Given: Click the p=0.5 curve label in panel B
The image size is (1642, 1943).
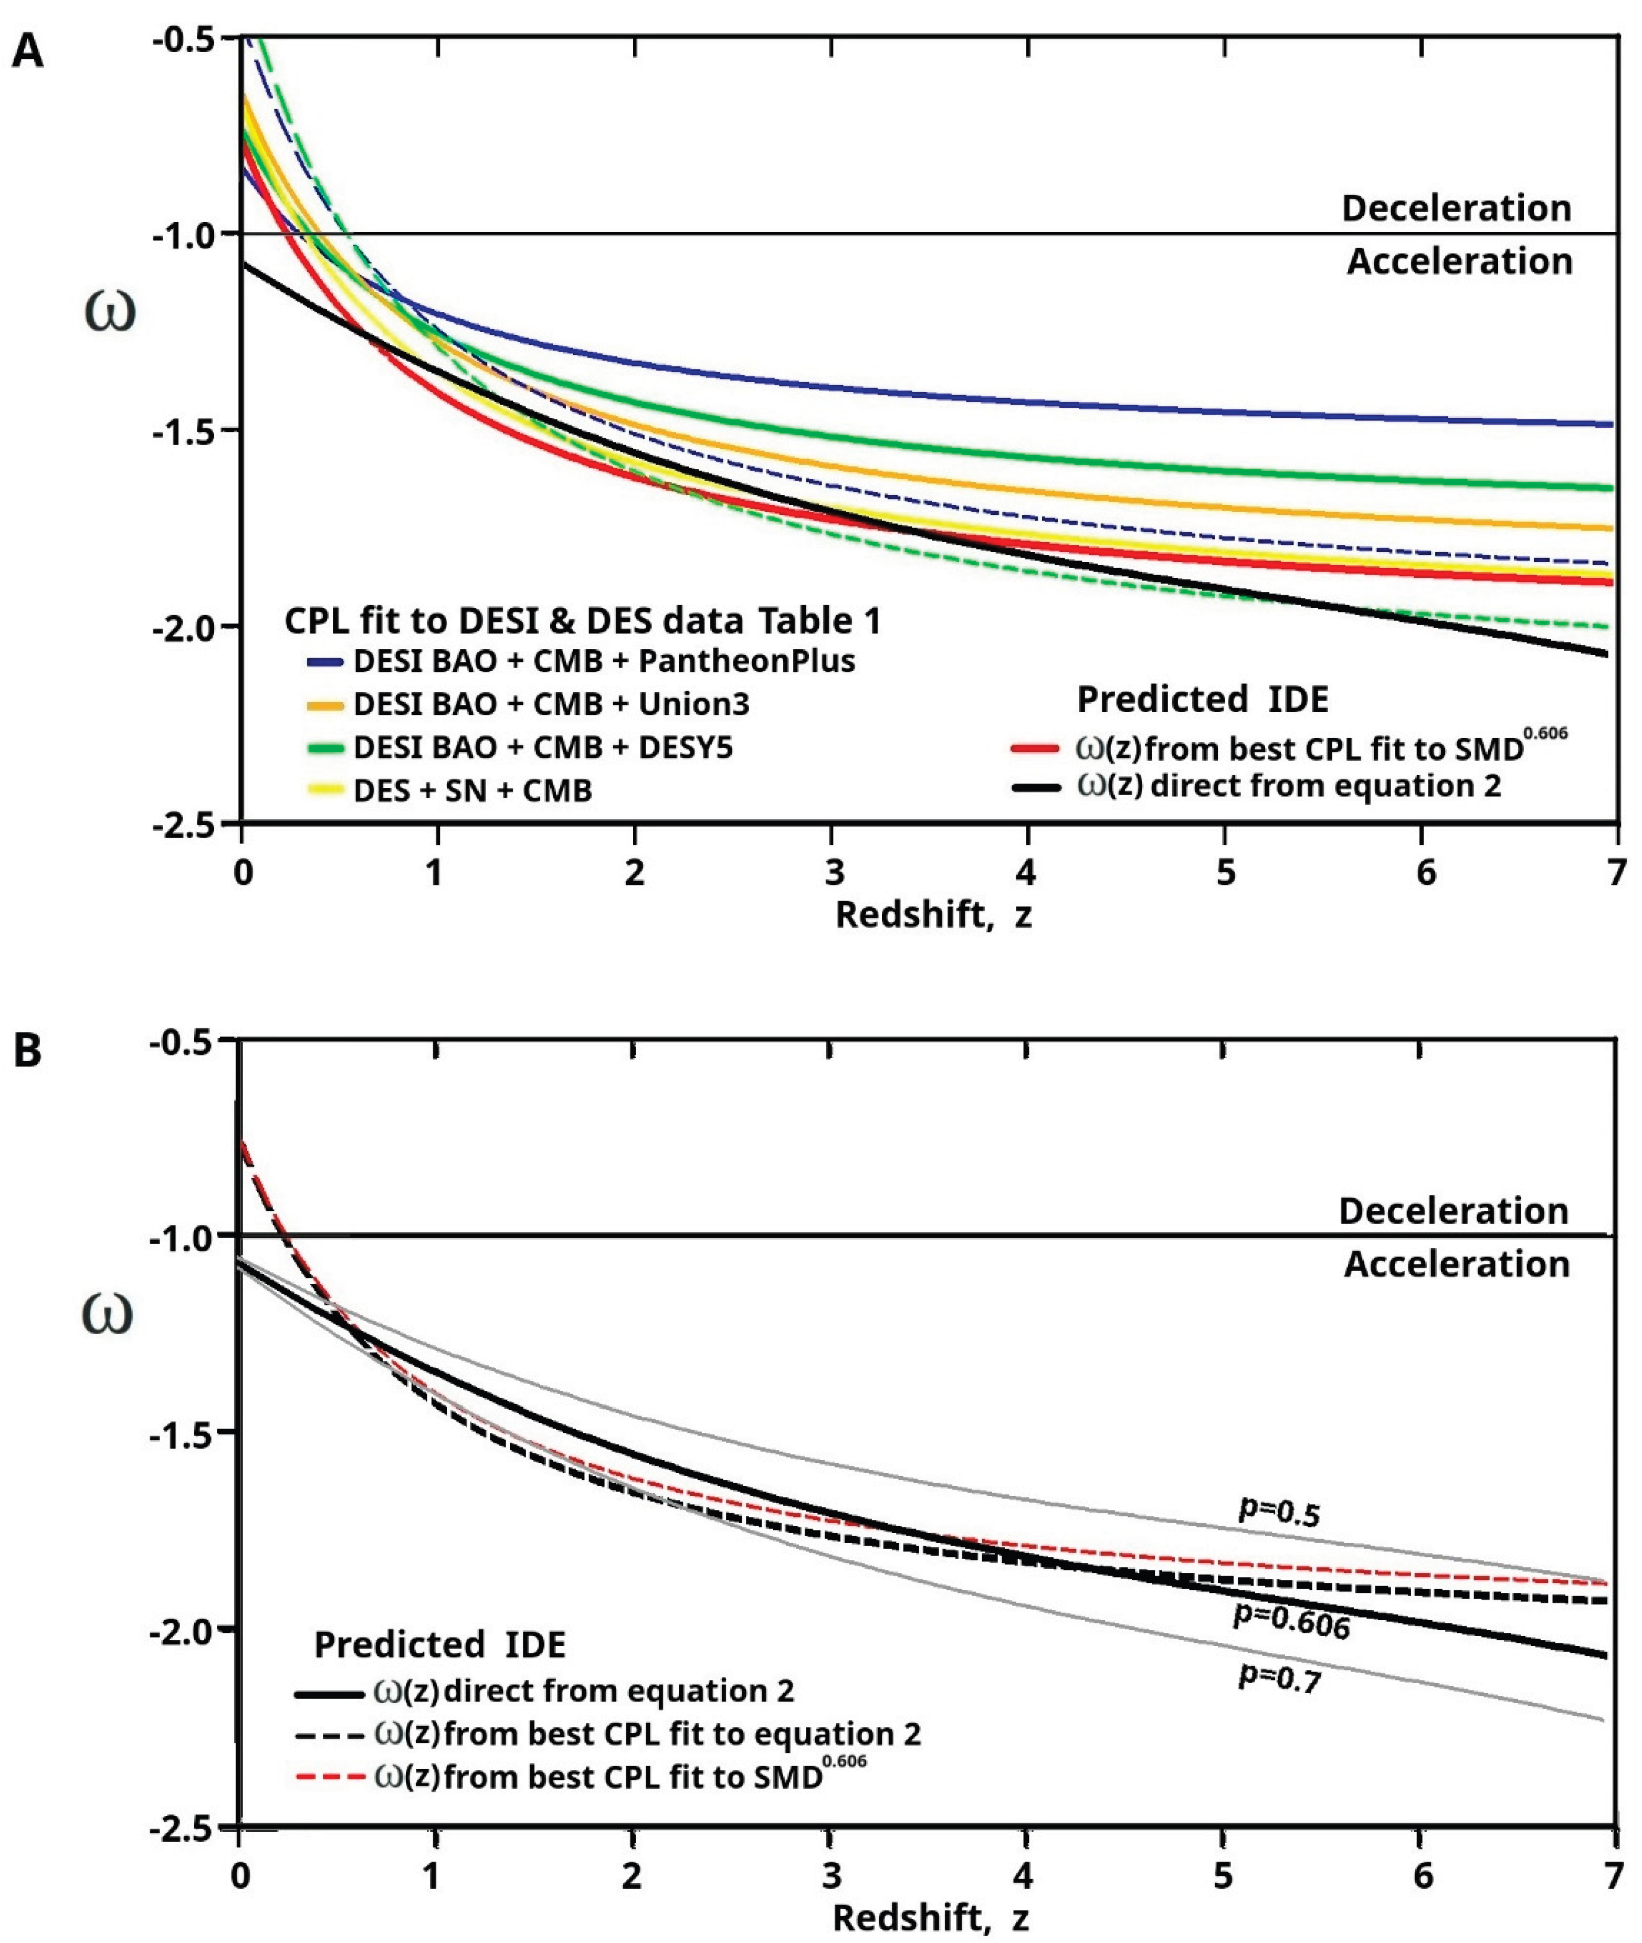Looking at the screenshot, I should point(1279,1511).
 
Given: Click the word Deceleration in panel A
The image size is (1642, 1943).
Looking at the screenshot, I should point(1456,207).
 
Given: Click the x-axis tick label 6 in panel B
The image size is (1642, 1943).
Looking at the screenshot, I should point(1423,1874).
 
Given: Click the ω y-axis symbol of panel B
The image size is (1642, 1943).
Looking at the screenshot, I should point(109,1314).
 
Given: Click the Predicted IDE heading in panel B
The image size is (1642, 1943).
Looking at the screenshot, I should point(439,1645).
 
